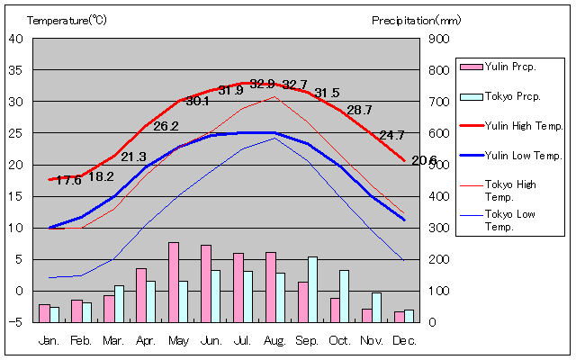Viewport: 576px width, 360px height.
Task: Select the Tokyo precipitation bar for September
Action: click(313, 289)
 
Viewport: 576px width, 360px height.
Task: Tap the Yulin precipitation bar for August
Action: click(270, 286)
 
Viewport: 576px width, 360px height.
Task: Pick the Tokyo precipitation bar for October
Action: click(345, 295)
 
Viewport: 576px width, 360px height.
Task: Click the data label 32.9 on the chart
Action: click(262, 85)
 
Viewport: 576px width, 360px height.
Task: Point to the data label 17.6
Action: click(68, 180)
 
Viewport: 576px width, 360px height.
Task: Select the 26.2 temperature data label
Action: click(166, 127)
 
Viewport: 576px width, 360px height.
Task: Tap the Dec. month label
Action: click(403, 340)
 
